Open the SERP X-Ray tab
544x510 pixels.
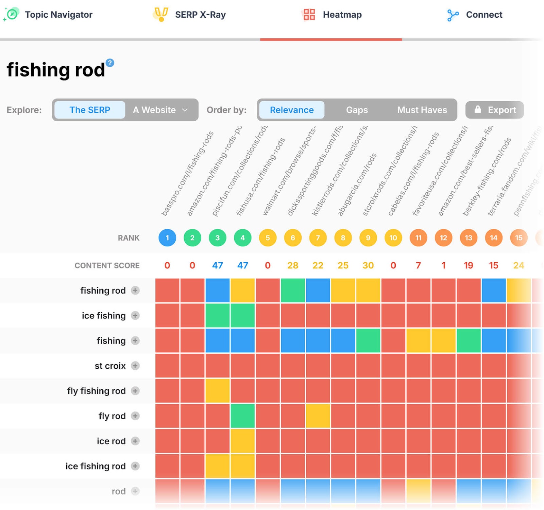190,15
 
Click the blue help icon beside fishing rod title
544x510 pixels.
110,63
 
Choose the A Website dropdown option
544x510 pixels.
160,110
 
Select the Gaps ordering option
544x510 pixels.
357,110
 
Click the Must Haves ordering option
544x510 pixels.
422,110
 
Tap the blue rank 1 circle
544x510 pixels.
167,238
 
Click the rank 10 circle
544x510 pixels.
393,238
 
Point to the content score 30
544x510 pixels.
368,265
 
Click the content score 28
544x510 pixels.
293,265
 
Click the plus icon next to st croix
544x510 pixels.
135,366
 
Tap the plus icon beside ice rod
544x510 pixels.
135,441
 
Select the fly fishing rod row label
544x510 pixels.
96,391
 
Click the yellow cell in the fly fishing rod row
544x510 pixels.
218,391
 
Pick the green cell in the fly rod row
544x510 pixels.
243,416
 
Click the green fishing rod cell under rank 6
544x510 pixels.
293,291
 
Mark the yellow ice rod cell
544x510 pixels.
243,441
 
